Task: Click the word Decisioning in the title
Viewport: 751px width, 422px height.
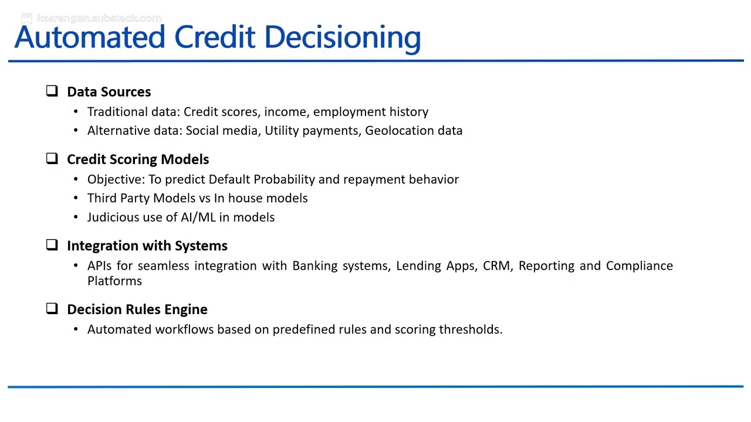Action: [x=342, y=38]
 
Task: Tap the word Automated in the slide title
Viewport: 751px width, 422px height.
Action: [x=90, y=38]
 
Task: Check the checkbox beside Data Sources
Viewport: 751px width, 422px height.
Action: [x=52, y=91]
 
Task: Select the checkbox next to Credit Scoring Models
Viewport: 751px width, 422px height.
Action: [x=52, y=158]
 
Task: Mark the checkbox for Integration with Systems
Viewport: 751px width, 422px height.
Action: [x=52, y=245]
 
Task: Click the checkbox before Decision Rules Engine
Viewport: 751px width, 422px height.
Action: [x=52, y=308]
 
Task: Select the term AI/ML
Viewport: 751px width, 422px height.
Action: [x=198, y=217]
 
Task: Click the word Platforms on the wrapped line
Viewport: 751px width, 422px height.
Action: [x=114, y=281]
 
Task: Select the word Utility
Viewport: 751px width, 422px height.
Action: [x=282, y=131]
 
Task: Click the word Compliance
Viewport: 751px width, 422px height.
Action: [x=639, y=266]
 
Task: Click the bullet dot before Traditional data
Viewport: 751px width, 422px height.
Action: [x=76, y=112]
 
